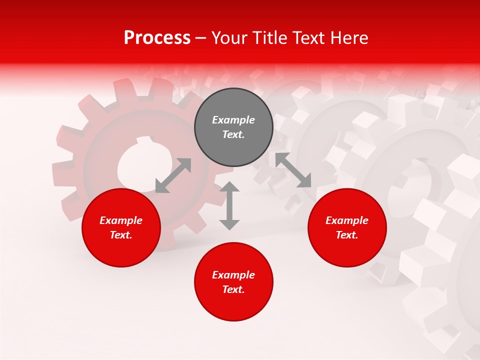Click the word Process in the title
[x=157, y=38]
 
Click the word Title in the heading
[x=267, y=38]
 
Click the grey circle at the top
[x=233, y=127]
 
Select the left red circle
[x=121, y=227]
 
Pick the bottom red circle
[x=233, y=282]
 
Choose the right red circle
[x=347, y=227]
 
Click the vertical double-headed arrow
[x=229, y=206]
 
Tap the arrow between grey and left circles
[x=173, y=175]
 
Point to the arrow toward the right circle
[x=293, y=170]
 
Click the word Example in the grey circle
[x=233, y=120]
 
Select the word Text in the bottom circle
[x=232, y=290]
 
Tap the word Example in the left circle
[x=121, y=220]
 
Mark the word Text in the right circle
[x=346, y=235]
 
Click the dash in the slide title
[x=201, y=38]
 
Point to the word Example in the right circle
[x=347, y=220]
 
